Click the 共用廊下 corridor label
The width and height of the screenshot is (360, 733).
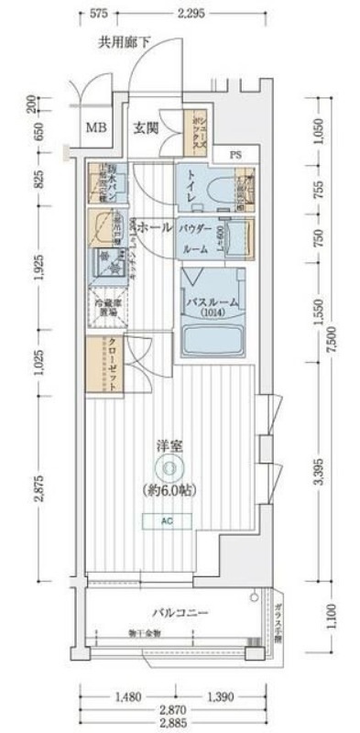point(125,42)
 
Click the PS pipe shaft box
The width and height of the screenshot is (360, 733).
point(235,154)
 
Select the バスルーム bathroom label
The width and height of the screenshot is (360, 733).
point(213,301)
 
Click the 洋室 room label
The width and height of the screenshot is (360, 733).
point(169,447)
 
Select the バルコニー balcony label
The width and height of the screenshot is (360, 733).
point(180,612)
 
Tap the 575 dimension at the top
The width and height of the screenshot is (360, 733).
point(101,14)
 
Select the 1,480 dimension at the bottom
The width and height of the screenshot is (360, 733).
point(128,697)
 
